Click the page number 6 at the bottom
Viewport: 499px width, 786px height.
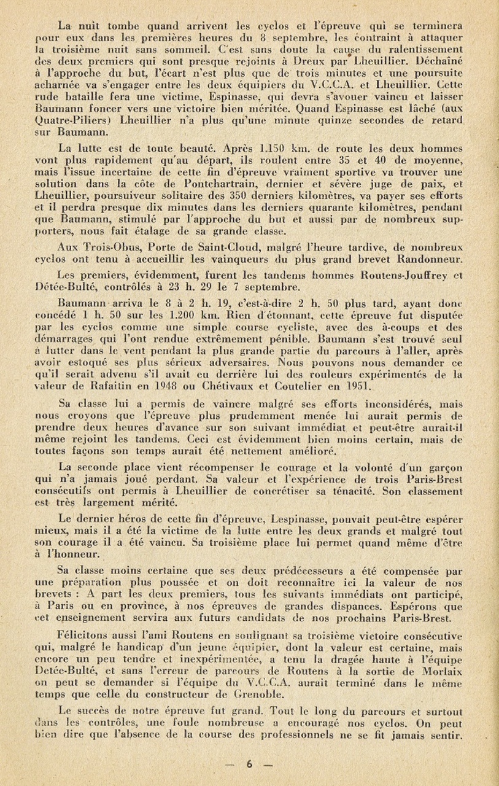coord(250,765)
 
